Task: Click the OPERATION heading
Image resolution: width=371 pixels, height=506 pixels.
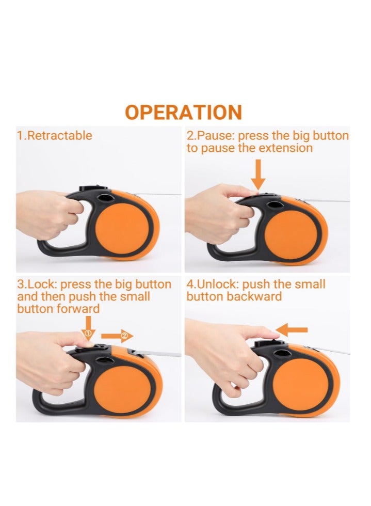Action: pos(183,112)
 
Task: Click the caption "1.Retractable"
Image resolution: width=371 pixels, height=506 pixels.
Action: pos(55,136)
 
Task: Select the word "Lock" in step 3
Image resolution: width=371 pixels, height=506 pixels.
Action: pos(38,284)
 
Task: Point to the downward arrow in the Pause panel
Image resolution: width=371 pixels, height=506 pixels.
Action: pos(259,175)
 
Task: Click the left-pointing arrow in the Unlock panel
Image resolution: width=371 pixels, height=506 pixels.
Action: pos(292,329)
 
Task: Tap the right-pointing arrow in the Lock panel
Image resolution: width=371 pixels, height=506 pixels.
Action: pos(117,336)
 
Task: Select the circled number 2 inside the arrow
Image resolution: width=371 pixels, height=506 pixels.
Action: pos(124,336)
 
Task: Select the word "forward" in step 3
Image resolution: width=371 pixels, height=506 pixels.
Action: pos(75,308)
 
